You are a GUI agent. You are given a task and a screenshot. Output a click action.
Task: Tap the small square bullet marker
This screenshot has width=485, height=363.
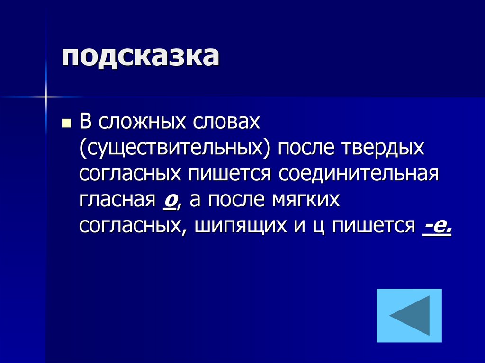point(66,124)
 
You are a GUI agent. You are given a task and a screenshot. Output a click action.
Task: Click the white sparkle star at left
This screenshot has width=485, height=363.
point(46,97)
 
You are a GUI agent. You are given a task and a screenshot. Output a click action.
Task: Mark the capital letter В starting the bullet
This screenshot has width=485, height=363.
point(85,123)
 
